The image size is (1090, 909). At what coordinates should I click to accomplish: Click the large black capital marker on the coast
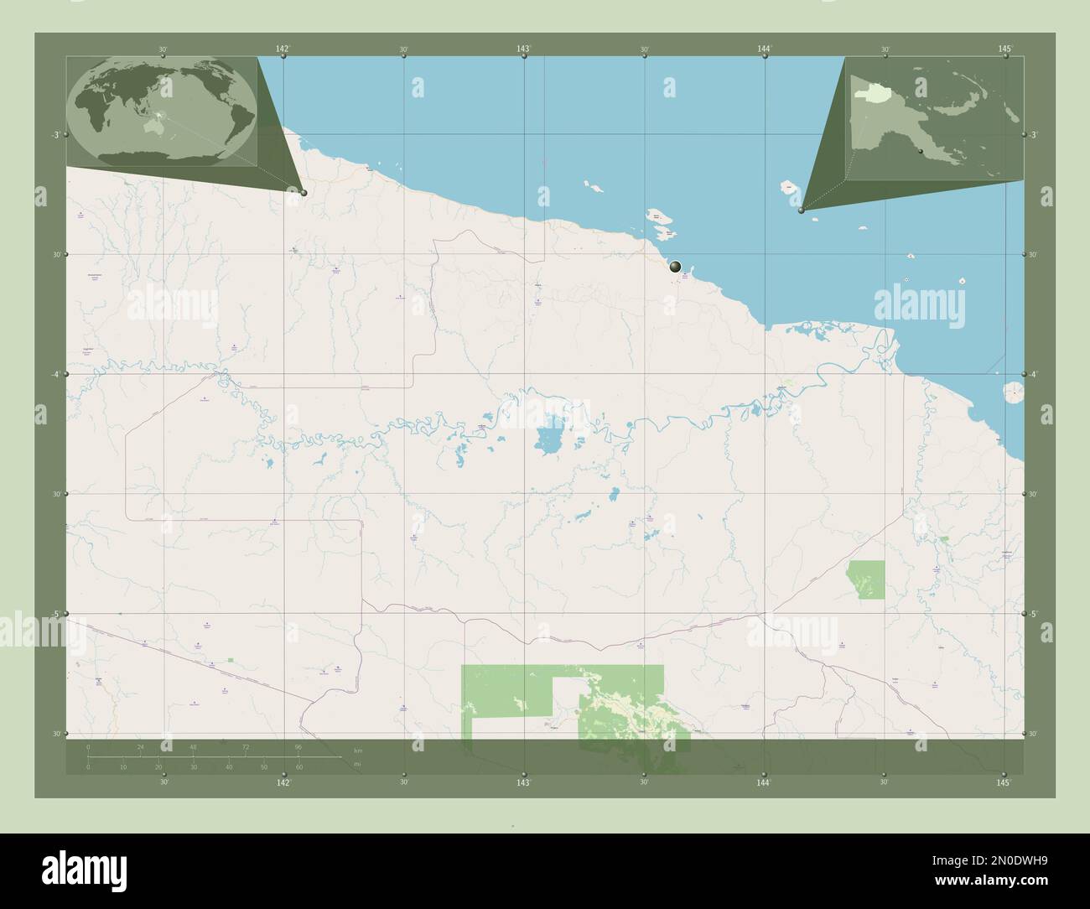(x=676, y=268)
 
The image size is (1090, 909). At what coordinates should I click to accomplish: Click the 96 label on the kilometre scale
(x=298, y=746)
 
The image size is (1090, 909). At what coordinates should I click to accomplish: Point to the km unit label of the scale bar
(x=357, y=750)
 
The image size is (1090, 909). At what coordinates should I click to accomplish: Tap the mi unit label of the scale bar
(x=357, y=764)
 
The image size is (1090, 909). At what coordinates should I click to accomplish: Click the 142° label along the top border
(x=283, y=49)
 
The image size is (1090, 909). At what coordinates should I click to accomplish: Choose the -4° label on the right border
(x=1035, y=375)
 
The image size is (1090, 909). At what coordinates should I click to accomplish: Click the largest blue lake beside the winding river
(x=550, y=439)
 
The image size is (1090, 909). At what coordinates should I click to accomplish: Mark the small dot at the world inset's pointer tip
(x=304, y=193)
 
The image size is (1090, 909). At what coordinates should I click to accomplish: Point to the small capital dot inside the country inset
(x=920, y=151)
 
